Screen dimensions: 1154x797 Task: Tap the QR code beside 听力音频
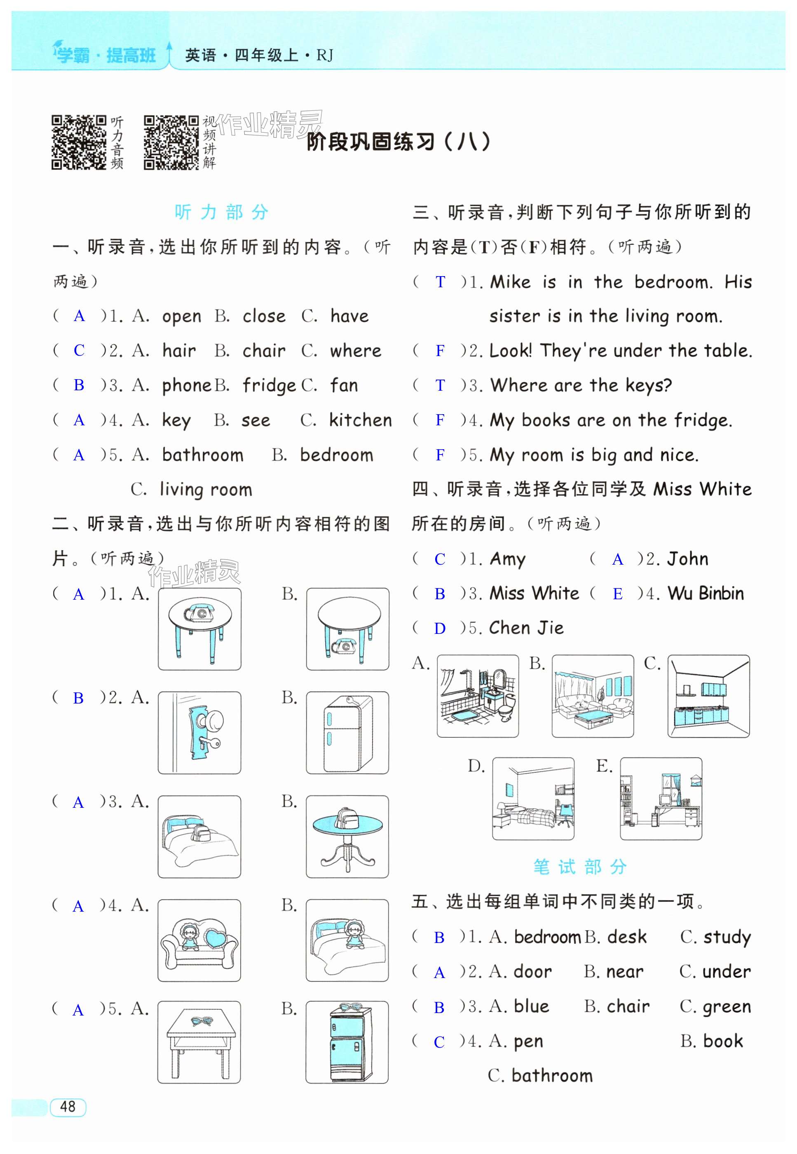[x=78, y=142]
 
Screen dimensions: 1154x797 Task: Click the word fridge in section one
[x=269, y=385]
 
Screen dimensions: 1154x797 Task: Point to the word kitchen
[x=361, y=420]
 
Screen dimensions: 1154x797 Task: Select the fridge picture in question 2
[x=347, y=732]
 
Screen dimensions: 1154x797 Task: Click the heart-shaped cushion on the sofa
[x=216, y=937]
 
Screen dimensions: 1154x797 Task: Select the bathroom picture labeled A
[x=478, y=696]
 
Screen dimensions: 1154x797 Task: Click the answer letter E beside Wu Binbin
[x=617, y=594]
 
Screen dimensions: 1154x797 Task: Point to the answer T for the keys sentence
[x=440, y=385]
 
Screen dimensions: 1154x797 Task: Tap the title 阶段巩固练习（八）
[x=398, y=142]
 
